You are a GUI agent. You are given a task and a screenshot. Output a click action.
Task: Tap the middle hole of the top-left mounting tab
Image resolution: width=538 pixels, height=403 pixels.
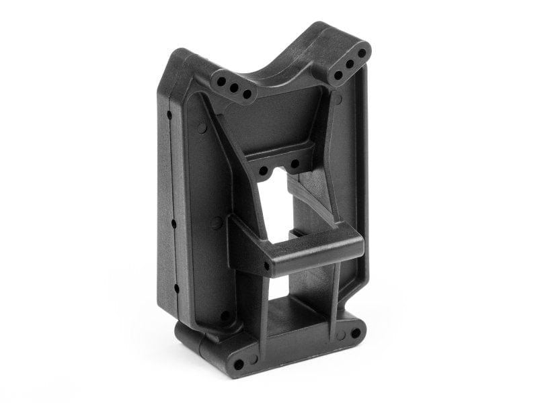(234, 87)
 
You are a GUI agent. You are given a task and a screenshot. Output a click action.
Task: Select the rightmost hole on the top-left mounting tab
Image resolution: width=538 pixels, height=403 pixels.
(247, 93)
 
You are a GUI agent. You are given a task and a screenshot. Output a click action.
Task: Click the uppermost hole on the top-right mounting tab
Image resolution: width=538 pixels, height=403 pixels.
(362, 52)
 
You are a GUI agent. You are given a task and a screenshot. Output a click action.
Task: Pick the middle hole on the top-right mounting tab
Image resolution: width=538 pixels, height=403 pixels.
(350, 64)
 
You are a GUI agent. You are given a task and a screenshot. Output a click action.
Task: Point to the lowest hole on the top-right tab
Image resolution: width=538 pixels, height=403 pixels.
(338, 75)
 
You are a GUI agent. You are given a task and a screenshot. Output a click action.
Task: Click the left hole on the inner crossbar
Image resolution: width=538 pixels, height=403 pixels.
(264, 171)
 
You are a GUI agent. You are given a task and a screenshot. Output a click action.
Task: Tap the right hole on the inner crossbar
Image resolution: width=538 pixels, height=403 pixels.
(295, 163)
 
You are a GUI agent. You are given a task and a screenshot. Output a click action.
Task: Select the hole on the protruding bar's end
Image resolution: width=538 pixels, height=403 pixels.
(266, 267)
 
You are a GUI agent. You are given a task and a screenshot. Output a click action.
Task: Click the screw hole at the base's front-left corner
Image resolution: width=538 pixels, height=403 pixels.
(239, 365)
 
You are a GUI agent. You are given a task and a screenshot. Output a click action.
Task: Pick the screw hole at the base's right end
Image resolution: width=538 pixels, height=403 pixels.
(355, 332)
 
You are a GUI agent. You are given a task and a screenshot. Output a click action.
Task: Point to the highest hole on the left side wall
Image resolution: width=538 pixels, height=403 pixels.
(169, 115)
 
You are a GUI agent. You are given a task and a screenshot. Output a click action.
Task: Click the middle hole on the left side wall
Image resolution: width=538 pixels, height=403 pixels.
(174, 222)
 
